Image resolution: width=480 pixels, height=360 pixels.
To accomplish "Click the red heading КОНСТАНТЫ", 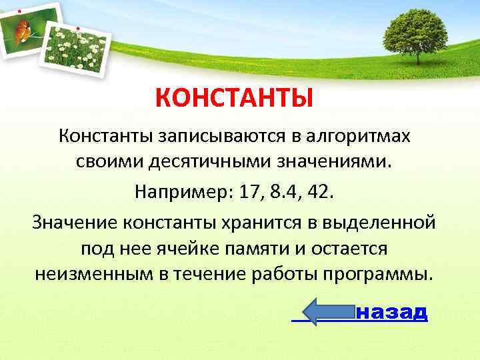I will [x=234, y=99].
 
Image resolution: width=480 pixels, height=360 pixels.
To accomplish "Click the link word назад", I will [x=392, y=312].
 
